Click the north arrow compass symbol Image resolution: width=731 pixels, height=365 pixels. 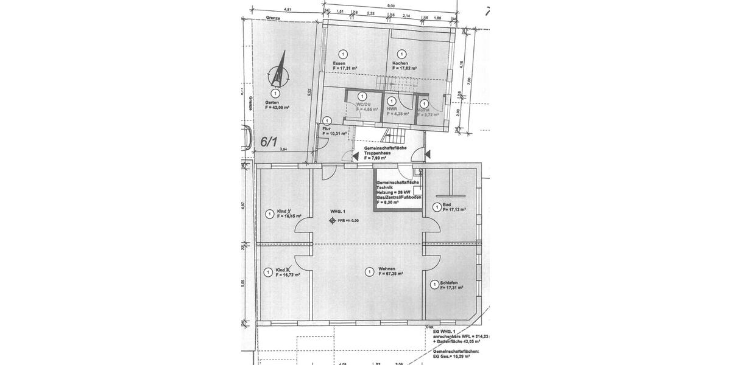point(278,71)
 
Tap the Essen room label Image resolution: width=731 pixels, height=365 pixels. point(339,64)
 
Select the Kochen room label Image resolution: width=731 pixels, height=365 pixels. point(400,64)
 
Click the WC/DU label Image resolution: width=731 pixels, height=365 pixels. point(364,105)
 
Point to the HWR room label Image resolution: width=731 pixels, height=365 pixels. point(392,109)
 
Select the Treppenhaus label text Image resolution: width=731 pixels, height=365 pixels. point(381,153)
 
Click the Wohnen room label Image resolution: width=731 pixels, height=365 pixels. point(387,269)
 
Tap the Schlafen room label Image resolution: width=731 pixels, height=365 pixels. point(450,283)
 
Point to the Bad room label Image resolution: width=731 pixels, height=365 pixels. point(447,205)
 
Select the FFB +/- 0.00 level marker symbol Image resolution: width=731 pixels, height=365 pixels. point(332,221)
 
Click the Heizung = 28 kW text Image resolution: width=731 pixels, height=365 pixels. point(392,192)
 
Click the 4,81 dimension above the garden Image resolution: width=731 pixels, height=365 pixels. point(288,9)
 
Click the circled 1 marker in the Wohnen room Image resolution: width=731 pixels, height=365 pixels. point(368,272)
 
